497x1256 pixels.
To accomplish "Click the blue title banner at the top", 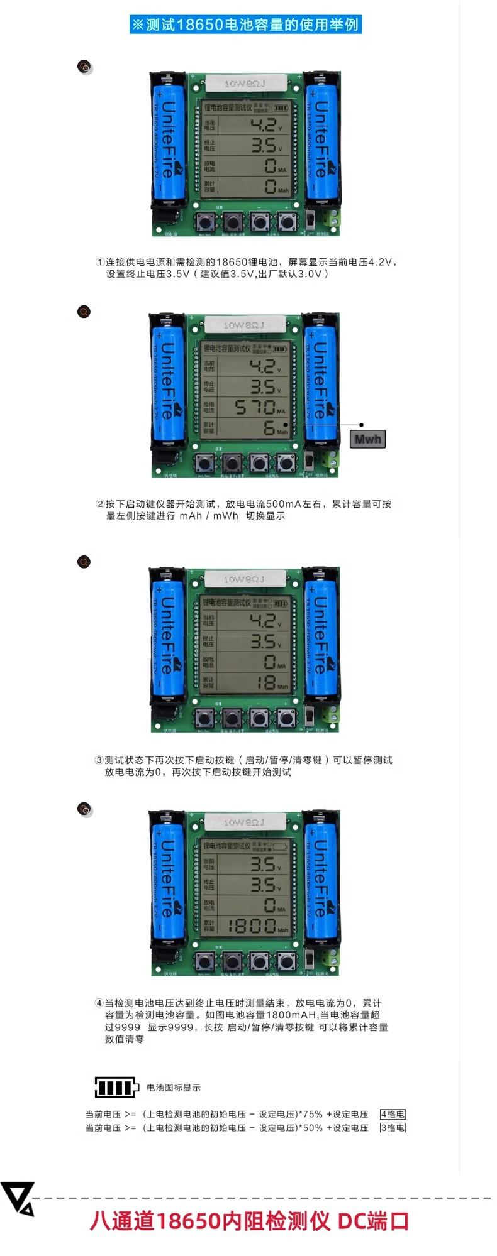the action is (x=245, y=25).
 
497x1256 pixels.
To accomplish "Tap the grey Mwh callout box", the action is (x=367, y=439).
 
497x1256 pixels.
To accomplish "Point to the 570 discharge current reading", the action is (x=255, y=407).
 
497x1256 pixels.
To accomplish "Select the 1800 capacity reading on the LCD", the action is (x=252, y=926).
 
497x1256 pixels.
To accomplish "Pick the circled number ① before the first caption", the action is (x=99, y=262).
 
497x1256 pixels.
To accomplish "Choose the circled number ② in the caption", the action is (x=100, y=504).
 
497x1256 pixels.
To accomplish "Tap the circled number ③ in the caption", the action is (x=99, y=760).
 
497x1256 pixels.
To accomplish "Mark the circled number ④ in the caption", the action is (x=99, y=1003).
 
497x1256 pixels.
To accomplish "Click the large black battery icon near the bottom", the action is (x=116, y=1087).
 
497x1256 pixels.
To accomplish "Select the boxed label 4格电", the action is (x=393, y=1114).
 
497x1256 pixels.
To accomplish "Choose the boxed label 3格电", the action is (x=393, y=1128).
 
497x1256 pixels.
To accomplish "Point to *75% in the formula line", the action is (x=312, y=1114).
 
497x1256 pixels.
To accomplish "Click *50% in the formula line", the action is (x=312, y=1128).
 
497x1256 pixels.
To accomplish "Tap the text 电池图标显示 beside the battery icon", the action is (x=174, y=1088).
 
